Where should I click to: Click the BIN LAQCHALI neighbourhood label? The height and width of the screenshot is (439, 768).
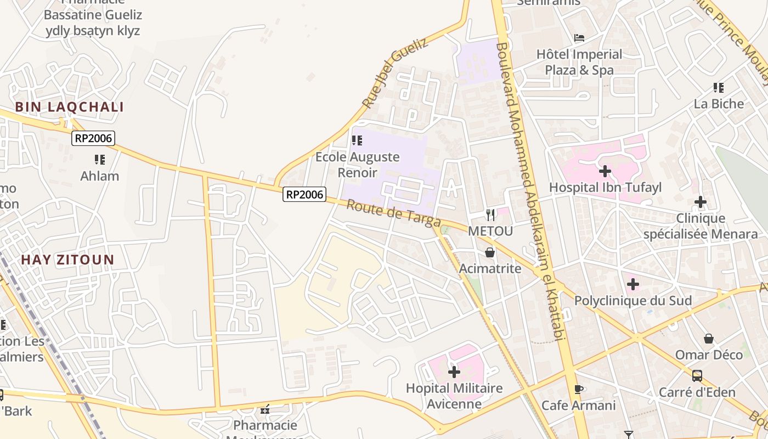[x=69, y=107]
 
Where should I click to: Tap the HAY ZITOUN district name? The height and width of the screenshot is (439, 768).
[x=67, y=260]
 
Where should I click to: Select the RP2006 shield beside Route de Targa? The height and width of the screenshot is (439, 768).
[x=304, y=194]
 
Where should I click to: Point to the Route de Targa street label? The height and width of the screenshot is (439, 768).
[x=394, y=213]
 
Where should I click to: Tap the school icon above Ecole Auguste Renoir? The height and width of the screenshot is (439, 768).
[x=357, y=140]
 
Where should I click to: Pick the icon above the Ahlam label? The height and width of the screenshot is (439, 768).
[x=99, y=160]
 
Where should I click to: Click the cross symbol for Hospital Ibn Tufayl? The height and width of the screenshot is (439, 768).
[x=605, y=171]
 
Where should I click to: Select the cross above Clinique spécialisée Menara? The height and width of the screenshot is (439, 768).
[x=700, y=202]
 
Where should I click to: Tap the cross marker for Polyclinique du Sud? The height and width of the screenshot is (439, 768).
[x=633, y=284]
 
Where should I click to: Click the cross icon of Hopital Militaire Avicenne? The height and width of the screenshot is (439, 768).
[x=454, y=372]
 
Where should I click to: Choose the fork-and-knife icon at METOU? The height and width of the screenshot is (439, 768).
[x=490, y=215]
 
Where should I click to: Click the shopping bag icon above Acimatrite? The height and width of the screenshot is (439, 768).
[x=490, y=252]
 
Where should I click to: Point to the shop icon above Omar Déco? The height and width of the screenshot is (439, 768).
[x=709, y=339]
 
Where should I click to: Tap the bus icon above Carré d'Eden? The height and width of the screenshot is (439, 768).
[x=697, y=376]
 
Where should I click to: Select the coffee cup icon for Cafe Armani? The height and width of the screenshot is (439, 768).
[x=578, y=389]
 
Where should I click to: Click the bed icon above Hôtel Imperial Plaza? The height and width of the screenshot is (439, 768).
[x=579, y=38]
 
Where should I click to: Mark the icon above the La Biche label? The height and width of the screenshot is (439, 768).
[x=719, y=87]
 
